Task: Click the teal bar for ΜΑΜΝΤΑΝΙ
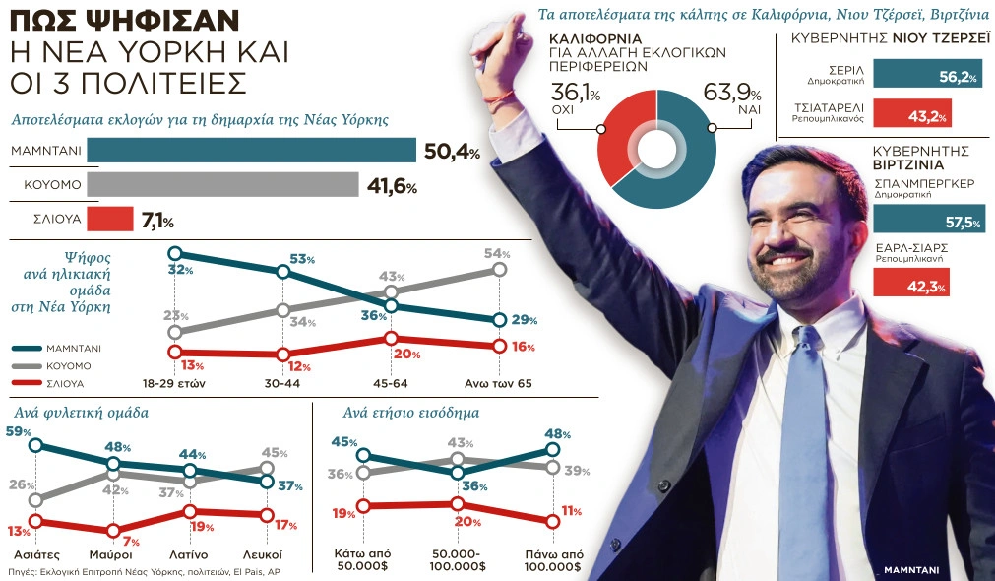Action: (x=252, y=151)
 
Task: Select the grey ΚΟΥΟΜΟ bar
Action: (x=223, y=185)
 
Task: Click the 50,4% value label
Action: (x=452, y=152)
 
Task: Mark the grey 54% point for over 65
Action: (x=499, y=269)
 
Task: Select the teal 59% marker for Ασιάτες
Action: (x=36, y=445)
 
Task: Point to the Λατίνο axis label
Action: (x=189, y=554)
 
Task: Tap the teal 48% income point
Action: (x=552, y=450)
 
